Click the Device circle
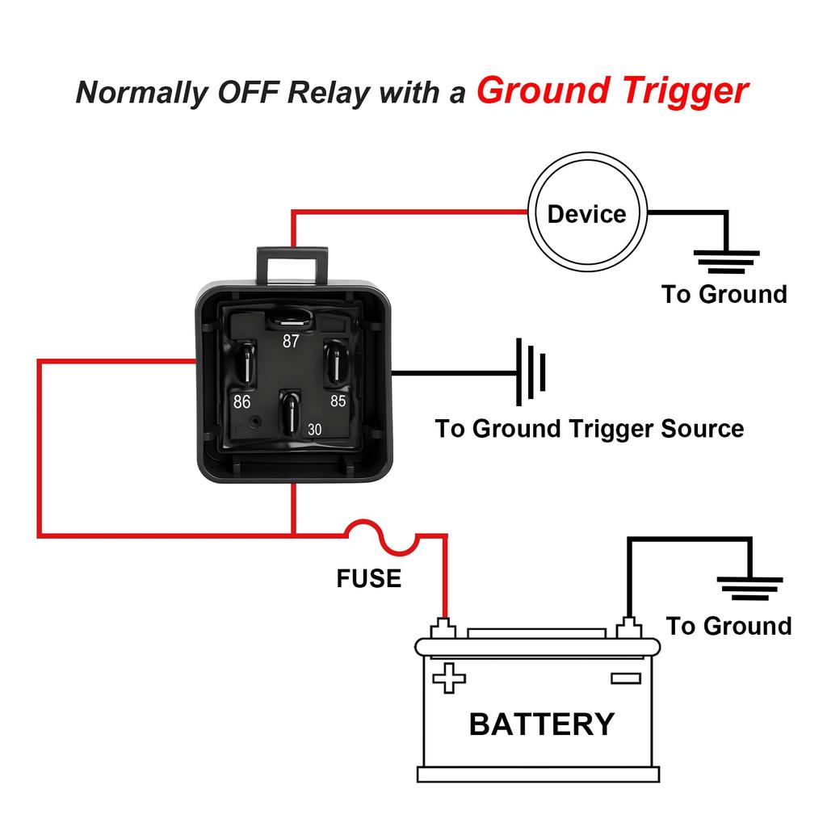pos(587,213)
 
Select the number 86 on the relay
pos(241,401)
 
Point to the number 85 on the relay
pos(338,400)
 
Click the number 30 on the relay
pos(314,430)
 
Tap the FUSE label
pos(368,578)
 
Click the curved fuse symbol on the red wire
pos(380,537)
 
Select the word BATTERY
pos(542,724)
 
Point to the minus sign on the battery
pos(625,678)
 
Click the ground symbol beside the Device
pos(727,261)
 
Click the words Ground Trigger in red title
pos(612,90)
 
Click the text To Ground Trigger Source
pos(590,428)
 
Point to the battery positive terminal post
pos(443,628)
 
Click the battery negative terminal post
pos(628,628)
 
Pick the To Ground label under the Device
pos(724,294)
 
